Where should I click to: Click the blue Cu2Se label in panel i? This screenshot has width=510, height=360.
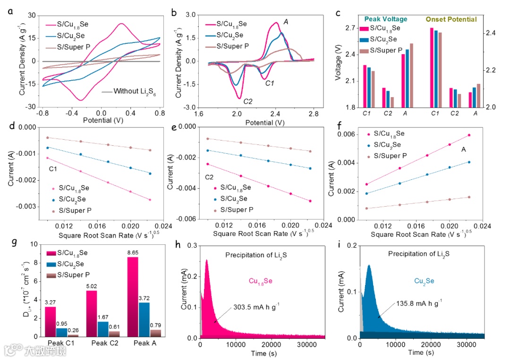coord(421,281)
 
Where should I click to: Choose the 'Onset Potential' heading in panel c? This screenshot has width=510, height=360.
coord(451,19)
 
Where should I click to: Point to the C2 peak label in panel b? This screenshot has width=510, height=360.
coord(248,101)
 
